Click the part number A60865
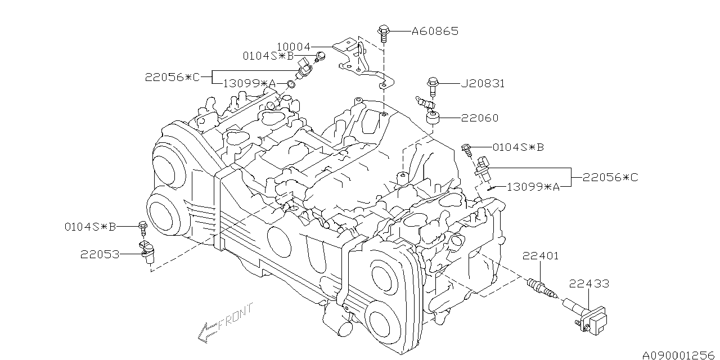coord(435,31)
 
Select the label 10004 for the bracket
coord(294,47)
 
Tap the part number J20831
coord(483,84)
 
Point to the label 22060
coord(480,118)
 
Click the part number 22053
coord(100,255)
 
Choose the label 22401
coord(541,256)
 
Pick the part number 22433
coord(589,283)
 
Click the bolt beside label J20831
coord(433,86)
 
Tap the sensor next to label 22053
coord(147,253)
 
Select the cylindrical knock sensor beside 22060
coord(433,118)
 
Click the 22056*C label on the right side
coord(610,177)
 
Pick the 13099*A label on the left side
coord(249,84)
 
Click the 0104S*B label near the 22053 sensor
coord(90,227)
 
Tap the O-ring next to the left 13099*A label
coord(291,84)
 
